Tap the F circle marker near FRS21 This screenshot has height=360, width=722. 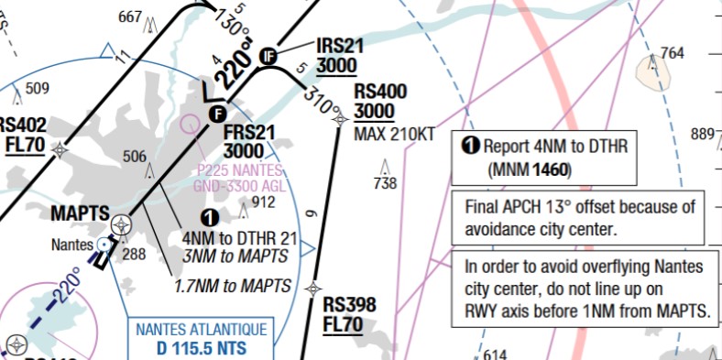[x=217, y=114]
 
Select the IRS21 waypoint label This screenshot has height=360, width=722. [x=340, y=46]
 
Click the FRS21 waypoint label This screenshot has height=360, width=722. [x=249, y=132]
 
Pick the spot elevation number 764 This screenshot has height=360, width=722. [x=673, y=52]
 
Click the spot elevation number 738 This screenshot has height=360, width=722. [x=385, y=183]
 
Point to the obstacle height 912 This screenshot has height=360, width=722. [x=263, y=202]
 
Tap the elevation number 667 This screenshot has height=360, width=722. [x=131, y=16]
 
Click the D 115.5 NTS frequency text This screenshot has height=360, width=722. [x=202, y=348]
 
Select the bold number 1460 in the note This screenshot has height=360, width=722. [x=550, y=169]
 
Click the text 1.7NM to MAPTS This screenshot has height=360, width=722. [x=233, y=287]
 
